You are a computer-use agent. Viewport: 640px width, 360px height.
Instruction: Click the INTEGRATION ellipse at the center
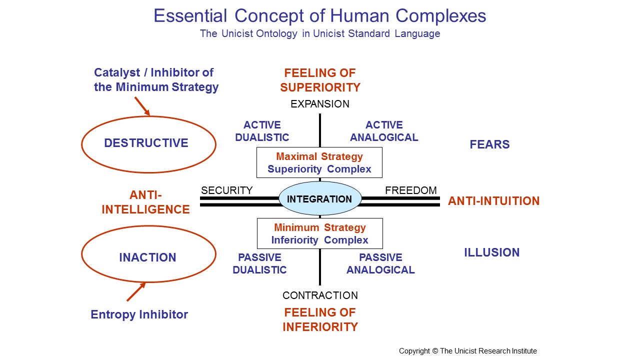pos(319,198)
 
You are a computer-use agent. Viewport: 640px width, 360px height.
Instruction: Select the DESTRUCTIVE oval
pos(148,143)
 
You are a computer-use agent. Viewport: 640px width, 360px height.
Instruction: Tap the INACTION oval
pos(148,257)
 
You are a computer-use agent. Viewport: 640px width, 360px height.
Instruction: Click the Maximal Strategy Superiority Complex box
pos(319,162)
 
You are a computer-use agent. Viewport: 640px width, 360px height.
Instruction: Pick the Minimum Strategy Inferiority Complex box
pos(319,233)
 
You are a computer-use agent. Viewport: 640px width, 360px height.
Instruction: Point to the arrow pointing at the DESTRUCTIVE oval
pos(142,106)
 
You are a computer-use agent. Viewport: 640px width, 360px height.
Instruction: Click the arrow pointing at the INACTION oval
pos(136,291)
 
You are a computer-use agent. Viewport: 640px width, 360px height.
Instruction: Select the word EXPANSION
pos(320,104)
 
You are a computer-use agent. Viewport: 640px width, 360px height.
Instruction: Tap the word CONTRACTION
pos(320,295)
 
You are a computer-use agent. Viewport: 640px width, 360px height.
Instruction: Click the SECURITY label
pos(226,190)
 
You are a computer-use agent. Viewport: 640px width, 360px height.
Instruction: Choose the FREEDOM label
pos(410,190)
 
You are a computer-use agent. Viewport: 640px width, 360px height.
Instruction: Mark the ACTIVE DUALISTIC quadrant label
pos(262,131)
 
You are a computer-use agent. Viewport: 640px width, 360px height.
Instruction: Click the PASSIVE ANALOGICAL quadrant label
pos(380,263)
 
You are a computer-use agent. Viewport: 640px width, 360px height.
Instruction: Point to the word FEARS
pos(489,144)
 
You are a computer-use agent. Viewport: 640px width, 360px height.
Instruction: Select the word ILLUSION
pos(491,252)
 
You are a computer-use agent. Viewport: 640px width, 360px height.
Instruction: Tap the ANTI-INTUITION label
pos(493,201)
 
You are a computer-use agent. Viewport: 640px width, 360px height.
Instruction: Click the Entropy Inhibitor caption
pos(139,314)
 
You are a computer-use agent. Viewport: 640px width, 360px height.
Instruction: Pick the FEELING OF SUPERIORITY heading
pos(320,80)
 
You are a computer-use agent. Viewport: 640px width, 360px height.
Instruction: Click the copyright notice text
pos(467,351)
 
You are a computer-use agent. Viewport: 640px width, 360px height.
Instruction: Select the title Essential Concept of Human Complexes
pos(320,16)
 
